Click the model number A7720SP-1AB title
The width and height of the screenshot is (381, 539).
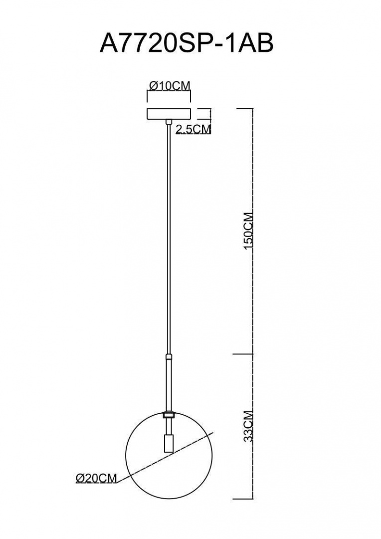point(187,42)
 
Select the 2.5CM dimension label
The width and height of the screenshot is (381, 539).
point(193,129)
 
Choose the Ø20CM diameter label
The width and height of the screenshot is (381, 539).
point(96,478)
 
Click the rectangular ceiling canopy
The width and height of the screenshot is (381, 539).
point(169,114)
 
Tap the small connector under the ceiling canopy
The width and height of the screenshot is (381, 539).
point(169,122)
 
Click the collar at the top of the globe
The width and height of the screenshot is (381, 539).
point(169,415)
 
